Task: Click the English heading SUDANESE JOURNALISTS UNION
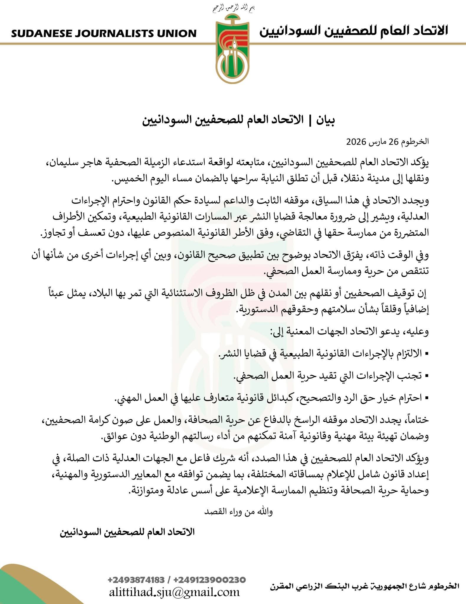pyautogui.click(x=104, y=33)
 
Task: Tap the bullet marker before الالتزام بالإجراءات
pyautogui.click(x=427, y=353)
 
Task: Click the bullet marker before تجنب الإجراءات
pyautogui.click(x=427, y=376)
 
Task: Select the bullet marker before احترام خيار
pyautogui.click(x=427, y=399)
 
